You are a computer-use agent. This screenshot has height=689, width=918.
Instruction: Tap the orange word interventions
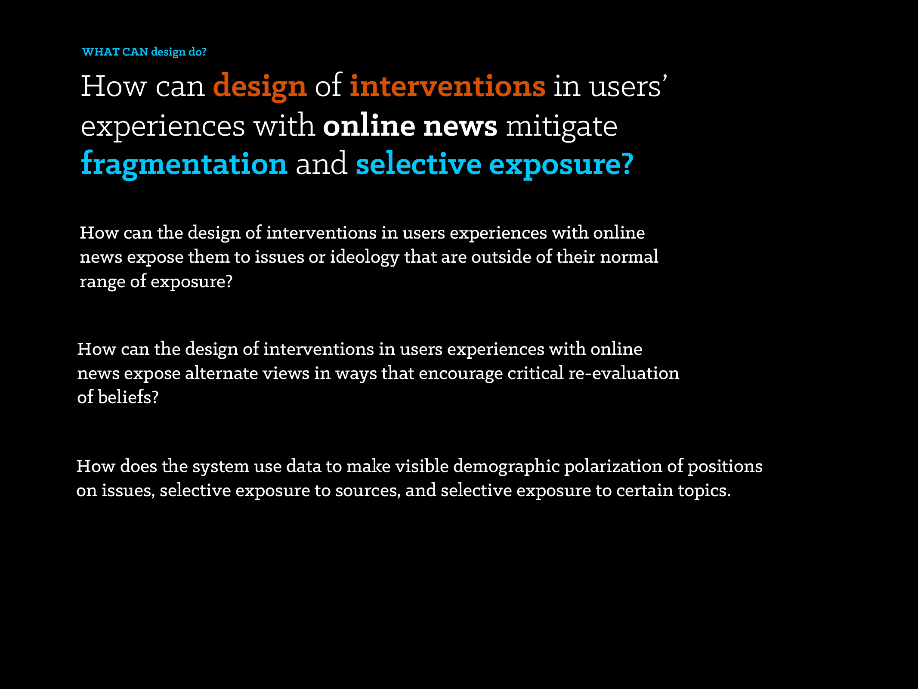click(x=448, y=86)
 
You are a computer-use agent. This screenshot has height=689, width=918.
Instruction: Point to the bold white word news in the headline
click(x=461, y=126)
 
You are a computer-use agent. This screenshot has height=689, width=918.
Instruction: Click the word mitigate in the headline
click(x=562, y=127)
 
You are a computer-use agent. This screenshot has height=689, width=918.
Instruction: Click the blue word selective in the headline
click(x=418, y=164)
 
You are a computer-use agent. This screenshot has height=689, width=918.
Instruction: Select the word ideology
click(x=365, y=258)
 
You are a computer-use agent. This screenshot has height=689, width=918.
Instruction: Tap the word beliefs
click(x=128, y=397)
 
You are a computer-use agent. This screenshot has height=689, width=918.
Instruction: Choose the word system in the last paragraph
click(x=221, y=467)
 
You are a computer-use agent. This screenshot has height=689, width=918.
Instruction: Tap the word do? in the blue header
click(x=198, y=52)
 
